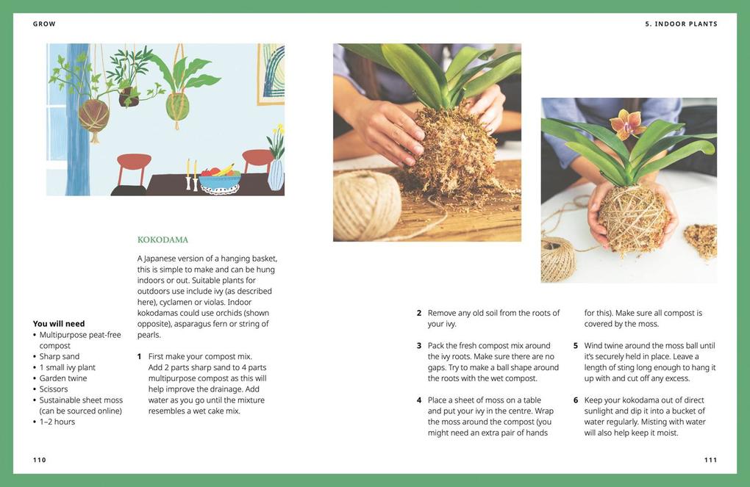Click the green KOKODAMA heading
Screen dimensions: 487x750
162,239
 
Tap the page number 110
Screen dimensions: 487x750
40,460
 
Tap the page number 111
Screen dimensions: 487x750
710,460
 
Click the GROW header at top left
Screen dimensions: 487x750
44,24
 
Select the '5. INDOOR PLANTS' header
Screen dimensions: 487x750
681,24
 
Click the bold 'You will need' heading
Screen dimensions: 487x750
59,324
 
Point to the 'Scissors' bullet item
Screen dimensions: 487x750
54,389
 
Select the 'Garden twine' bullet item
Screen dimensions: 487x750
63,378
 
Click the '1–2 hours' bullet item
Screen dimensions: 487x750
57,422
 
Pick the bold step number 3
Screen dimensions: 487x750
419,346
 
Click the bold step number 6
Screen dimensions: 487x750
576,400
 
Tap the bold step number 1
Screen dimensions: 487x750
140,357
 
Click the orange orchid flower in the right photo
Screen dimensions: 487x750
627,123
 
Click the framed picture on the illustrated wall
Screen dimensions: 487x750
271,73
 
